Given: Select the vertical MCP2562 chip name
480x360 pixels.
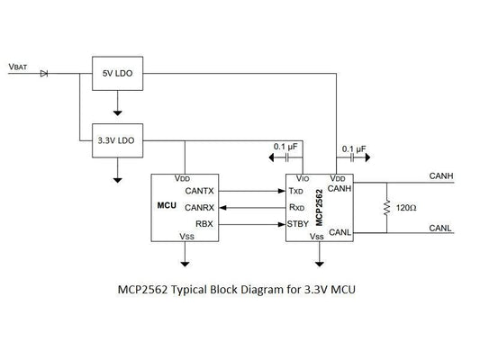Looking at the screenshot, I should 322,205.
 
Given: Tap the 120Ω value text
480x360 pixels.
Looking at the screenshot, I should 408,207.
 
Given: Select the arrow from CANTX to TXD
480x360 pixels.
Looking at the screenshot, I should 252,191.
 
